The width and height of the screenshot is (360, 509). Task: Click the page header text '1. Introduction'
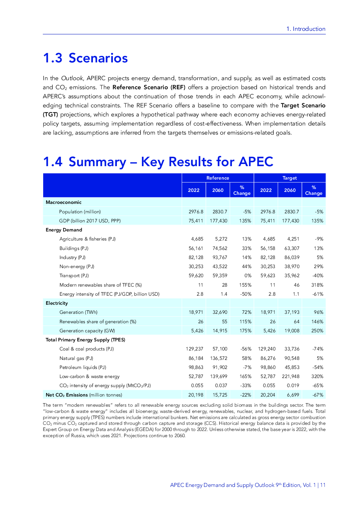coord(306,29)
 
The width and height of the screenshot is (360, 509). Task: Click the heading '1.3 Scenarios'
coord(85,58)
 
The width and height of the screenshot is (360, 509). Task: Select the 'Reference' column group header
coord(218,178)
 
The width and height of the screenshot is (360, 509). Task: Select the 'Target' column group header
coord(290,178)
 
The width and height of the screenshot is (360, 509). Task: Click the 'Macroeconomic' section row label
coord(64,202)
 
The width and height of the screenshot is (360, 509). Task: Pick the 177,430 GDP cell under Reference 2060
coord(218,221)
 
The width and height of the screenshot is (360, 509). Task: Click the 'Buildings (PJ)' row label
coord(74,249)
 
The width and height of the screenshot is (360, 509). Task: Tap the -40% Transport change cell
coord(318,276)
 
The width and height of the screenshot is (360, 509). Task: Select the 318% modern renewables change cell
coord(317,285)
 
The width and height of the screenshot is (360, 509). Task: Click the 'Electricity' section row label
coord(57,303)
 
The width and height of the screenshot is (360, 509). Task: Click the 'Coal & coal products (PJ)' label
coord(86,349)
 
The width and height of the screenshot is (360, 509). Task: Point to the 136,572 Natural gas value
coord(218,358)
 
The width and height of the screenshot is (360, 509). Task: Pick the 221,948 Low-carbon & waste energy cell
coord(291,377)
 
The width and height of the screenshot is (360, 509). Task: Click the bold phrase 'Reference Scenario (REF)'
coord(149,87)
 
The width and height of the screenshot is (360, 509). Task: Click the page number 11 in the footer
coord(323,485)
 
